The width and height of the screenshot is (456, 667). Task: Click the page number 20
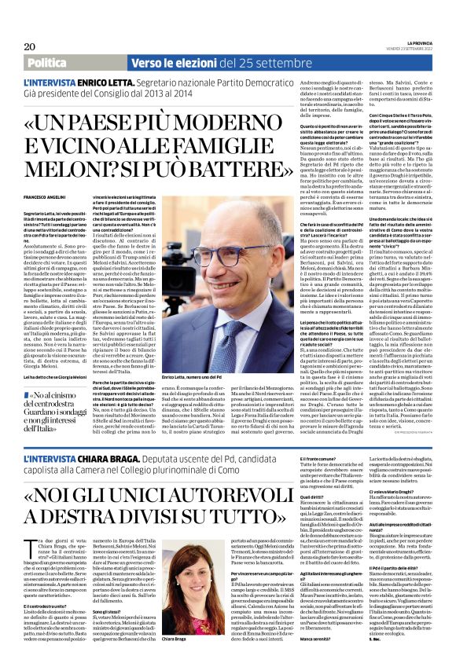pos(29,46)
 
